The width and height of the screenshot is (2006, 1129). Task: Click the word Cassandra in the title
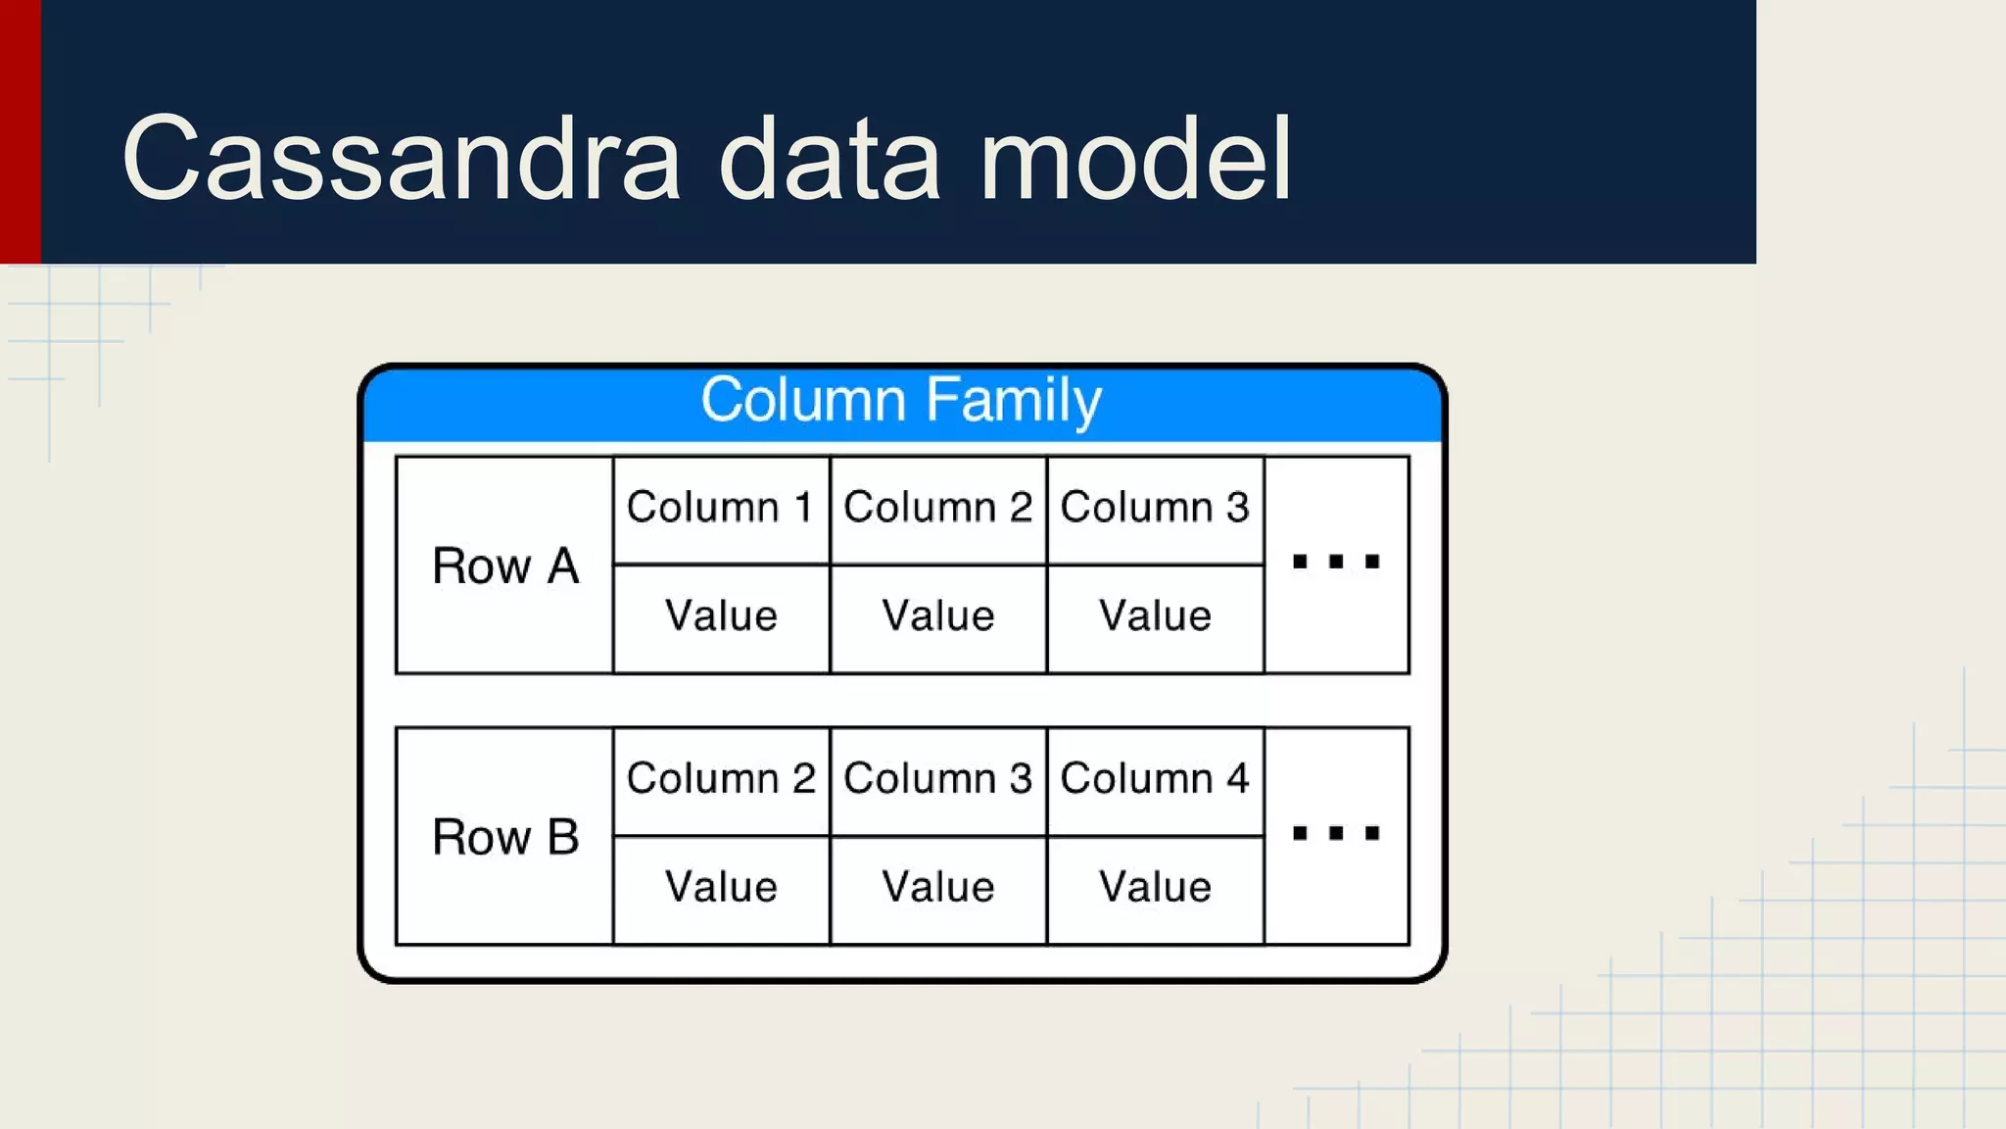[x=401, y=159]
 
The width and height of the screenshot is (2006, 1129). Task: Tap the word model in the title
[x=1135, y=159]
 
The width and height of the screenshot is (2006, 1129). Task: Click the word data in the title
[x=830, y=159]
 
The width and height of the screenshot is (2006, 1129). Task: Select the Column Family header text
[x=901, y=400]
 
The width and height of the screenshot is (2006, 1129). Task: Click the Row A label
[x=505, y=566]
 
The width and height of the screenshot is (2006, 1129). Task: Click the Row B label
[x=505, y=838]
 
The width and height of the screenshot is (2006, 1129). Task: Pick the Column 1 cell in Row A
[x=720, y=508]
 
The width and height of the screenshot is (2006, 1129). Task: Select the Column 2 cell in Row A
[x=937, y=508]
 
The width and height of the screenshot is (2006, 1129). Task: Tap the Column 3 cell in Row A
[x=1155, y=508]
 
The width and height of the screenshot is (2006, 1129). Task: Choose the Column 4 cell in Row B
[x=1155, y=779]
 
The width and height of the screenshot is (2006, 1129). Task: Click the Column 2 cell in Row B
[x=720, y=779]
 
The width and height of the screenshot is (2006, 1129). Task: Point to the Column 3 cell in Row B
[x=937, y=779]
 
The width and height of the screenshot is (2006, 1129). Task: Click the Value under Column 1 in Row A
[x=721, y=616]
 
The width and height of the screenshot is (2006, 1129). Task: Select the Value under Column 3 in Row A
[x=1155, y=616]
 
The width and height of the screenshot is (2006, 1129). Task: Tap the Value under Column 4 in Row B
[x=1155, y=888]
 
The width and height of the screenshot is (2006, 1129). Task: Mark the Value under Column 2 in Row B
[x=721, y=888]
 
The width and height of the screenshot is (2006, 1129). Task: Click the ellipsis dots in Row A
[x=1336, y=562]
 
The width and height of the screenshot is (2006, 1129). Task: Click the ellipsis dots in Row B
[x=1336, y=833]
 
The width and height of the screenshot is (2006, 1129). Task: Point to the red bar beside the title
[x=20, y=131]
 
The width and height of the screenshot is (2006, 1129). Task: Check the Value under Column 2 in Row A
[x=937, y=616]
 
